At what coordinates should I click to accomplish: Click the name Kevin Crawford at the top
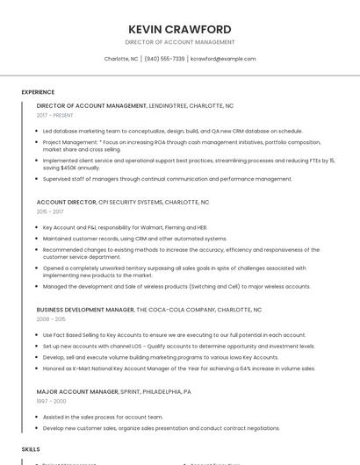point(180,29)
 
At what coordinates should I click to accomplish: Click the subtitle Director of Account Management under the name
point(180,42)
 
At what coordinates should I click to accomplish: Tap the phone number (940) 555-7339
point(164,59)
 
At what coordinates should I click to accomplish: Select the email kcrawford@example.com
point(223,59)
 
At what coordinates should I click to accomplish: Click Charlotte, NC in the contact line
point(121,59)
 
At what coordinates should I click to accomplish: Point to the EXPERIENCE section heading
point(38,92)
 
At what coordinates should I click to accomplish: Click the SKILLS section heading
point(31,448)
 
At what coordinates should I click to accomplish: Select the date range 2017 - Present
point(55,115)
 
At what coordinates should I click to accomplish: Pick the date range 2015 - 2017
point(50,211)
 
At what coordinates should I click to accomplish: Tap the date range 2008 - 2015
point(50,319)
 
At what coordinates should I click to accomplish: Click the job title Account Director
point(67,202)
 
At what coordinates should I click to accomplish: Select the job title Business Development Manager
point(85,310)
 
